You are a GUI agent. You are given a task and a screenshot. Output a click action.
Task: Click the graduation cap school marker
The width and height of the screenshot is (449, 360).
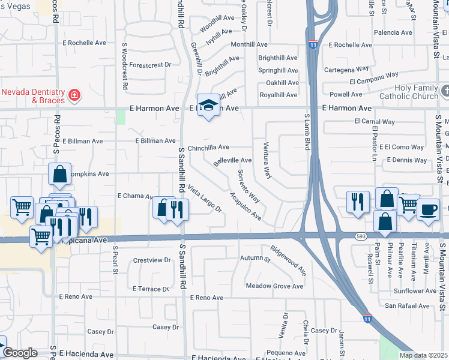coord(208,105)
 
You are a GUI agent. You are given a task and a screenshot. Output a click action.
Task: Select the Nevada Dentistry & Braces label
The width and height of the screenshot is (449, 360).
coord(32,96)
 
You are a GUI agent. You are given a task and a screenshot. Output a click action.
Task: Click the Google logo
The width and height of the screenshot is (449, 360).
coord(20,353)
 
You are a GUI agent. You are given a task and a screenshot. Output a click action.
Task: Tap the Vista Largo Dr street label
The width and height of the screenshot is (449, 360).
coord(205,199)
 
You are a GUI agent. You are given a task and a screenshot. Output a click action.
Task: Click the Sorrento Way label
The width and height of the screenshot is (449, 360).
coord(248,186)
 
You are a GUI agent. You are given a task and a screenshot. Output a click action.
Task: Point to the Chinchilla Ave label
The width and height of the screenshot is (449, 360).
coord(208,147)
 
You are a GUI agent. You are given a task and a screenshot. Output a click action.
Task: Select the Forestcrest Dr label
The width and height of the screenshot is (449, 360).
coord(150,64)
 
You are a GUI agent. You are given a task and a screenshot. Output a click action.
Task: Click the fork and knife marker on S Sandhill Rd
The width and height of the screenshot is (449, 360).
coord(177,209)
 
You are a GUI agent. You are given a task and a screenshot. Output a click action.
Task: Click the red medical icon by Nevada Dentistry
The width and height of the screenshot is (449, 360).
coord(74,95)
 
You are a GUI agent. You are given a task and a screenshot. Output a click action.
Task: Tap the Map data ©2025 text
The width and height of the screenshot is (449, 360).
coord(424,355)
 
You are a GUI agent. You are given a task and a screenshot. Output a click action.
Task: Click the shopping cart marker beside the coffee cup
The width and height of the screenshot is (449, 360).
coord(408,205)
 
